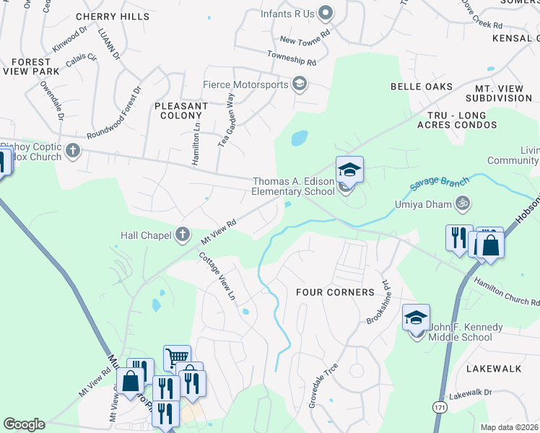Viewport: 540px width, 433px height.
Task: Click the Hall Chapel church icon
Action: click(x=182, y=235)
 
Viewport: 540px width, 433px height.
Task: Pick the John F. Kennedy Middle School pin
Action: click(x=417, y=318)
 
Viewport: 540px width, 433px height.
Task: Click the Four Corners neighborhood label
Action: click(x=335, y=292)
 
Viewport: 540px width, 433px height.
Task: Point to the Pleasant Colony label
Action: click(x=181, y=110)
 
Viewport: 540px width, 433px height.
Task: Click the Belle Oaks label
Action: click(x=421, y=87)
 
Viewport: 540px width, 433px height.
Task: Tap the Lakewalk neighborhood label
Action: click(x=494, y=369)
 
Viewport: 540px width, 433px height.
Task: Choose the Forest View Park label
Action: click(x=35, y=67)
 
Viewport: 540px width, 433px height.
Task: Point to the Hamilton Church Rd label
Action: click(x=505, y=292)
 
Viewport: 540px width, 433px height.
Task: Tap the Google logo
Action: click(x=24, y=424)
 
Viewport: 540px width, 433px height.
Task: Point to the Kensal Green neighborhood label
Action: click(x=515, y=38)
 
